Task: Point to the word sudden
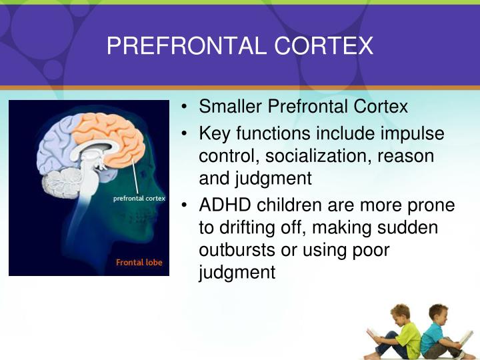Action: (x=409, y=227)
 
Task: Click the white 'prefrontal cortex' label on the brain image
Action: (x=139, y=199)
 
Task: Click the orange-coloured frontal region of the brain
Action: (x=123, y=140)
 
